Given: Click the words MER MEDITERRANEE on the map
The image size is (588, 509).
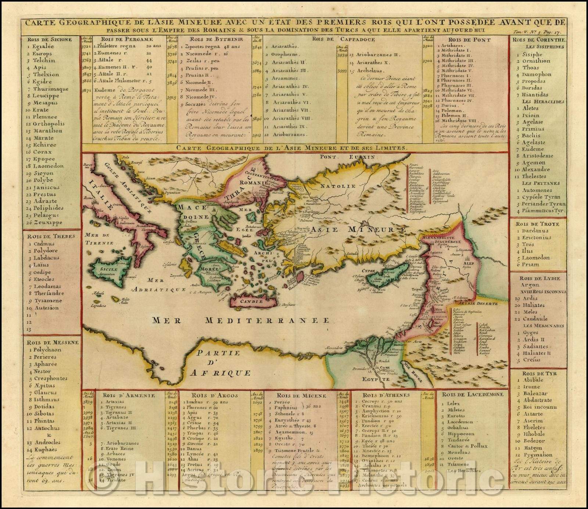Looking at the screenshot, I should tap(241, 320).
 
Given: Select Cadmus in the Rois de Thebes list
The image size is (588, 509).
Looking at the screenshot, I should tap(44, 244).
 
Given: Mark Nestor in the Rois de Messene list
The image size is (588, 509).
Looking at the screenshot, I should tap(44, 371).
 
